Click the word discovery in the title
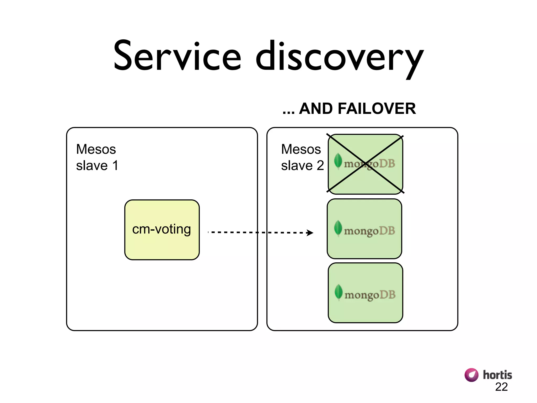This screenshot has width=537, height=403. click(x=340, y=58)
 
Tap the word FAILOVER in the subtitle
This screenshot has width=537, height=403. click(x=377, y=109)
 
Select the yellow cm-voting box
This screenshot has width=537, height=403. click(x=162, y=230)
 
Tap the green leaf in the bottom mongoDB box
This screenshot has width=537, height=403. click(x=339, y=291)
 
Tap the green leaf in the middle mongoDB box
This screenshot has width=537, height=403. click(x=338, y=227)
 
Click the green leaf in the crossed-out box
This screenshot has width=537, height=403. click(x=338, y=160)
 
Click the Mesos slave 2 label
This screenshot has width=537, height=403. click(x=302, y=157)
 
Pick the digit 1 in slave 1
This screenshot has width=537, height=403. click(x=115, y=166)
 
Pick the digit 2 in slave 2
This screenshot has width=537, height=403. click(x=320, y=166)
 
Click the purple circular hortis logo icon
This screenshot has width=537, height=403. click(x=471, y=375)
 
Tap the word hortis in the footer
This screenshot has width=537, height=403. click(x=497, y=375)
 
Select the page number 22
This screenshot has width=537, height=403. click(x=501, y=387)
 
